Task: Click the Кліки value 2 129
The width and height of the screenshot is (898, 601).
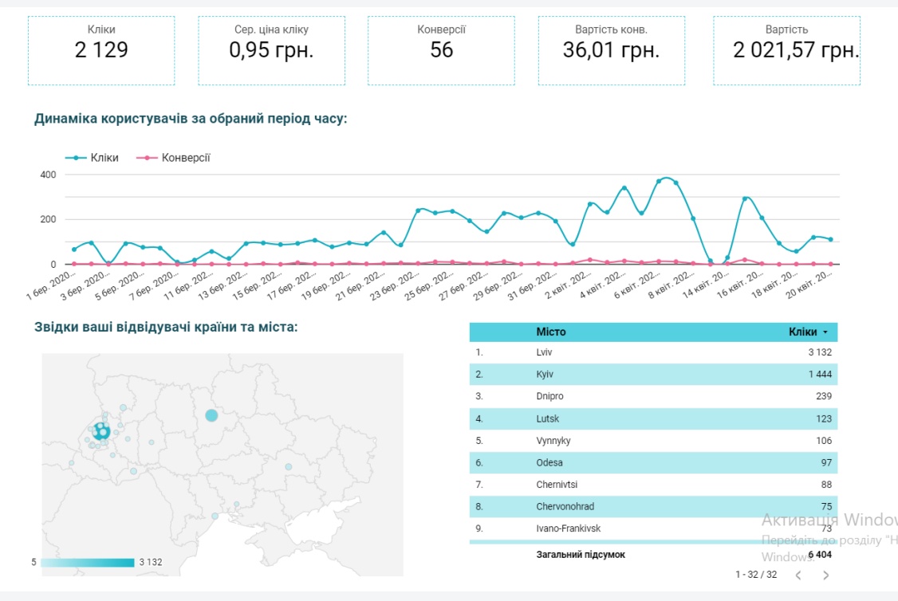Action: (x=101, y=50)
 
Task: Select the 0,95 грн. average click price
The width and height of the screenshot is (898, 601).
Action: (x=271, y=50)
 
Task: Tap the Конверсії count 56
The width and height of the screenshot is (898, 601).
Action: (x=441, y=50)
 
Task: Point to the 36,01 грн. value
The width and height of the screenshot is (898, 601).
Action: (x=611, y=50)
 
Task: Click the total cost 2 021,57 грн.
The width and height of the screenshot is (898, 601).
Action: (x=796, y=50)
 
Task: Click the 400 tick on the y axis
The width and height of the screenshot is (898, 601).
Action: (x=48, y=175)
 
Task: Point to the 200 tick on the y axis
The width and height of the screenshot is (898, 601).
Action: (x=48, y=219)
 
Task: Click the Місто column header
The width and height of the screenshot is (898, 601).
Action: (x=551, y=332)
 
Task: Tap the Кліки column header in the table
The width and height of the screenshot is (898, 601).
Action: (x=802, y=332)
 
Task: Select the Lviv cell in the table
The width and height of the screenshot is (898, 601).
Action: (x=545, y=352)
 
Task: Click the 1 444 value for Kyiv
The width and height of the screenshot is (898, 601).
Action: (x=819, y=374)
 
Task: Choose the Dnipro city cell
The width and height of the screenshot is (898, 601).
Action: (x=549, y=396)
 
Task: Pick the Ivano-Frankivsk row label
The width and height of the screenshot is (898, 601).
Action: (x=568, y=528)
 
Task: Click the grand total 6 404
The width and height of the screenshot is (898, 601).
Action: (x=819, y=555)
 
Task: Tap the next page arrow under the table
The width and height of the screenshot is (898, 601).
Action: (x=825, y=575)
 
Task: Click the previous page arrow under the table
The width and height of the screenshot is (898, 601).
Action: (x=798, y=575)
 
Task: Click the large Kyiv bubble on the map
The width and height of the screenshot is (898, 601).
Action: (x=211, y=415)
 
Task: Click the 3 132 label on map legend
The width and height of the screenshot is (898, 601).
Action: (x=150, y=562)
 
